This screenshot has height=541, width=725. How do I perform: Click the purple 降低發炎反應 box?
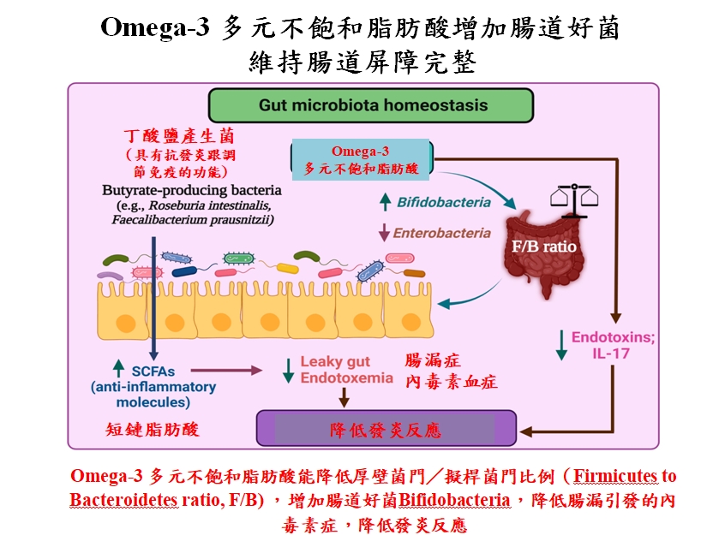tap(386, 428)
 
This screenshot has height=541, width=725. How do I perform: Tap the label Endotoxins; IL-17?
tap(601, 344)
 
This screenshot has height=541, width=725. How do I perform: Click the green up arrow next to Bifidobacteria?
tap(385, 203)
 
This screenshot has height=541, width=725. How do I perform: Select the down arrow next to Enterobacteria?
tap(385, 233)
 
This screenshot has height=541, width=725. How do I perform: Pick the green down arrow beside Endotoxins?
tap(560, 344)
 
